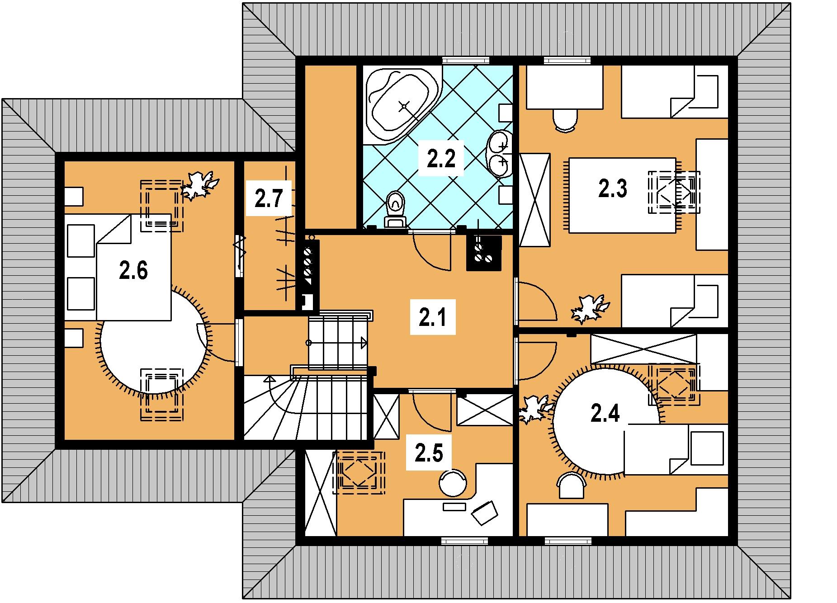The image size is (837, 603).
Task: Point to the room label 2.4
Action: [605, 414]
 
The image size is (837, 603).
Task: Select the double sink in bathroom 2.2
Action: [499, 153]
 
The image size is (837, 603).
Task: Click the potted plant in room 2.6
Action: [199, 185]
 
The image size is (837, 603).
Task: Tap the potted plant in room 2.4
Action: [536, 409]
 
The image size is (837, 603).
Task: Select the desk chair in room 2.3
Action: [565, 120]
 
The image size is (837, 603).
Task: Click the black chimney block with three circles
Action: [484, 253]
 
